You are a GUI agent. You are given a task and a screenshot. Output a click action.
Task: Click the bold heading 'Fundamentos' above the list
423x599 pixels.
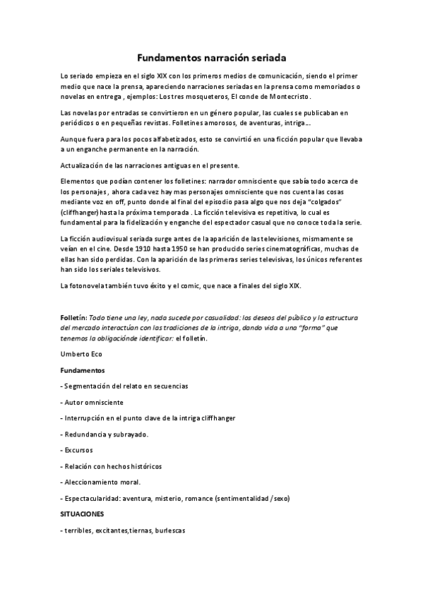[82, 370]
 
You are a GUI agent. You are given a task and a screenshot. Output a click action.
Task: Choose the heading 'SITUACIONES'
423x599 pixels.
[82, 514]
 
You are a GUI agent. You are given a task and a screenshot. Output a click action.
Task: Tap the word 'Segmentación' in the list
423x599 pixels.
[90, 386]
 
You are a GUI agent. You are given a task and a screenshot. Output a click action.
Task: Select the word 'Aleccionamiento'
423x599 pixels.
[95, 482]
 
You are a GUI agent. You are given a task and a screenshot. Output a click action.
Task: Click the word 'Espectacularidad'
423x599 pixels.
[95, 498]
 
